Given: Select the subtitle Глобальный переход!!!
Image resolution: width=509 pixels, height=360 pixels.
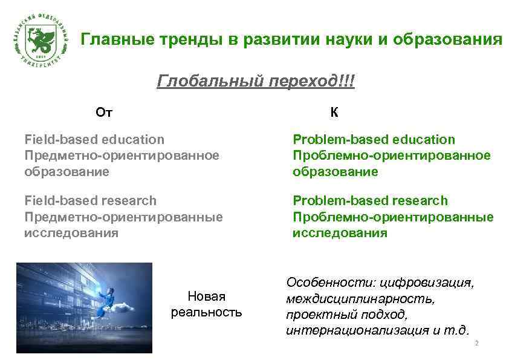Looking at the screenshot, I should (x=256, y=81).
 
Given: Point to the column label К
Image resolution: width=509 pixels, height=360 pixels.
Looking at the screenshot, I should (x=334, y=112).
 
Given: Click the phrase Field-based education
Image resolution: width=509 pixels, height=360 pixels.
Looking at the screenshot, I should (x=94, y=140).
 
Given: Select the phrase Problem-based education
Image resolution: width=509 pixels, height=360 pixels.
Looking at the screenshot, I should (x=374, y=140).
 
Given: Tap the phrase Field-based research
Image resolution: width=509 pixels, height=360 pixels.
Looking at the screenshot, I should (x=90, y=200).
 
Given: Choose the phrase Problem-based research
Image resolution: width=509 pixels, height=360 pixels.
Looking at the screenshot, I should (x=370, y=200).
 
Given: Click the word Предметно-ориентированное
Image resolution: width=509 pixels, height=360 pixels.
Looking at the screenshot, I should (x=122, y=155).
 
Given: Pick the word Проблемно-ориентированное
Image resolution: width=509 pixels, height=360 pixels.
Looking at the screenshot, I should (x=391, y=155).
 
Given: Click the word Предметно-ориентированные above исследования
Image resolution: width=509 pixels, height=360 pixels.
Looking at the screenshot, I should (x=123, y=217).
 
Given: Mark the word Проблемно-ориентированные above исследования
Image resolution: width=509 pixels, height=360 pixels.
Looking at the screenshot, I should (x=393, y=217).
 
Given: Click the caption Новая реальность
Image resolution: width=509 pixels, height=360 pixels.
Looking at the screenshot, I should (x=207, y=304).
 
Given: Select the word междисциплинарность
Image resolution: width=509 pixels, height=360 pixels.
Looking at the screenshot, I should (x=360, y=299).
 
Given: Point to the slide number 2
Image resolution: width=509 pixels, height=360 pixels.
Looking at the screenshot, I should (x=477, y=344).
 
